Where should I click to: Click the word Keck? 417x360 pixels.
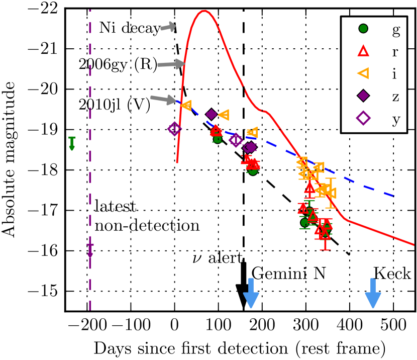[x=392, y=274]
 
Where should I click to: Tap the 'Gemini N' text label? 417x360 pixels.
[x=288, y=274]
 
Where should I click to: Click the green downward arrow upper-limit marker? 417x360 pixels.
[x=72, y=143]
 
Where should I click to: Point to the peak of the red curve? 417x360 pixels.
[x=203, y=11]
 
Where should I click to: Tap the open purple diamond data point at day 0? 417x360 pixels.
[x=174, y=129]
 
